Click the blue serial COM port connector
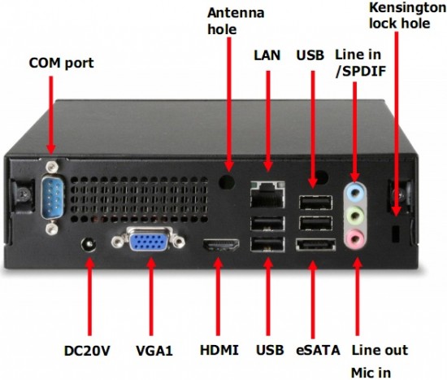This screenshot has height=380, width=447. pyautogui.click(x=52, y=198)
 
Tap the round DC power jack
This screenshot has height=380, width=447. pyautogui.click(x=89, y=245)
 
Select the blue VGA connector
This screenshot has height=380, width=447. pyautogui.click(x=148, y=241)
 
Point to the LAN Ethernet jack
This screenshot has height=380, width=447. pyautogui.click(x=267, y=194)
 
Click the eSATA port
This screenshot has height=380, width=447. pyautogui.click(x=315, y=245)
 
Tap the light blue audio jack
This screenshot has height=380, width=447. pyautogui.click(x=355, y=192)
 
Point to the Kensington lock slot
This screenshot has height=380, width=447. pyautogui.click(x=396, y=234)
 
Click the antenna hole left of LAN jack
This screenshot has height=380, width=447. pyautogui.click(x=227, y=181)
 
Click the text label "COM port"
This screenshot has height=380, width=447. pyautogui.click(x=61, y=63)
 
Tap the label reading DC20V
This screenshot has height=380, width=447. pyautogui.click(x=87, y=351)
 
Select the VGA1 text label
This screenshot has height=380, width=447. pyautogui.click(x=154, y=351)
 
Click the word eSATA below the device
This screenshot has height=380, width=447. pyautogui.click(x=318, y=351)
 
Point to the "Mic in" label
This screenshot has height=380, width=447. pyautogui.click(x=371, y=373)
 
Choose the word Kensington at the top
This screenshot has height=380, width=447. pyautogui.click(x=408, y=9)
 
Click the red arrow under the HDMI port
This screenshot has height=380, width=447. pyautogui.click(x=218, y=296)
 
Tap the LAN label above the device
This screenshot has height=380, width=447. pyautogui.click(x=267, y=55)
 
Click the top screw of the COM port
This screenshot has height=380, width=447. pyautogui.click(x=51, y=166)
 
